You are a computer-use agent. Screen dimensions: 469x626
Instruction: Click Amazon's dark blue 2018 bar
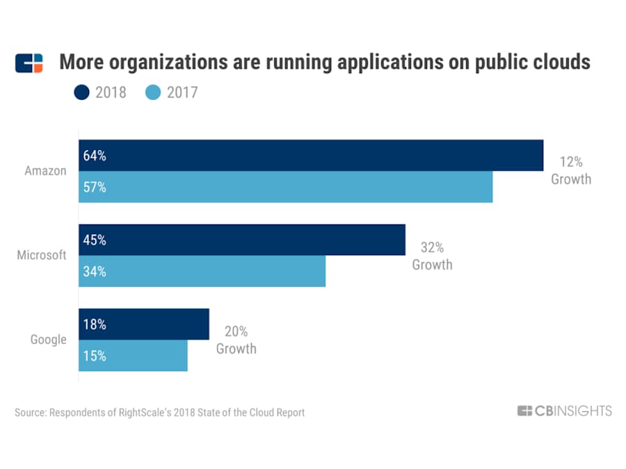[x=311, y=156]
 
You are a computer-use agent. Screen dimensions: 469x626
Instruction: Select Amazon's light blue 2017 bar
[x=285, y=187]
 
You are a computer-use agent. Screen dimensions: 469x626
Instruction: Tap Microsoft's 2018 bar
[x=242, y=240]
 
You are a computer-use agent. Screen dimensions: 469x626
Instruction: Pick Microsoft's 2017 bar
[x=202, y=271]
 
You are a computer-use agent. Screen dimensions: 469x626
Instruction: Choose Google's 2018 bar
[x=144, y=324]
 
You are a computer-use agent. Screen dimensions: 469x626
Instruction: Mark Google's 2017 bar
[x=133, y=356]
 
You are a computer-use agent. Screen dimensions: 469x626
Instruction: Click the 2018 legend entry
[x=100, y=92]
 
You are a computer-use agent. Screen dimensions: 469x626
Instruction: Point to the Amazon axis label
[x=45, y=171]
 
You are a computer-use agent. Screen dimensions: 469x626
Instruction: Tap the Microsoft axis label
[x=42, y=255]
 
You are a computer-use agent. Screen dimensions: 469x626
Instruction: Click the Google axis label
[x=49, y=340]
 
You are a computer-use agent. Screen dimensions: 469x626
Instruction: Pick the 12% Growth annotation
[x=571, y=171]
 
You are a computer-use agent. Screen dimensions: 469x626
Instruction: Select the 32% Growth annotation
[x=432, y=256]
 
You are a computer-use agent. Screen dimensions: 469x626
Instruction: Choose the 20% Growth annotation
[x=236, y=340]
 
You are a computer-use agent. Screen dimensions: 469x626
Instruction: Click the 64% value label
[x=95, y=156]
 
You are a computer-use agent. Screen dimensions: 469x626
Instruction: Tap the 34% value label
[x=95, y=271]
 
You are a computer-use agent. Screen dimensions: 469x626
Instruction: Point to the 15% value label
[x=95, y=356]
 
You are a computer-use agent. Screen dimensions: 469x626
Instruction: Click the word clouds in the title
[x=557, y=63]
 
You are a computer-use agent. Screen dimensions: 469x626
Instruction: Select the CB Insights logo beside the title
[x=29, y=63]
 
